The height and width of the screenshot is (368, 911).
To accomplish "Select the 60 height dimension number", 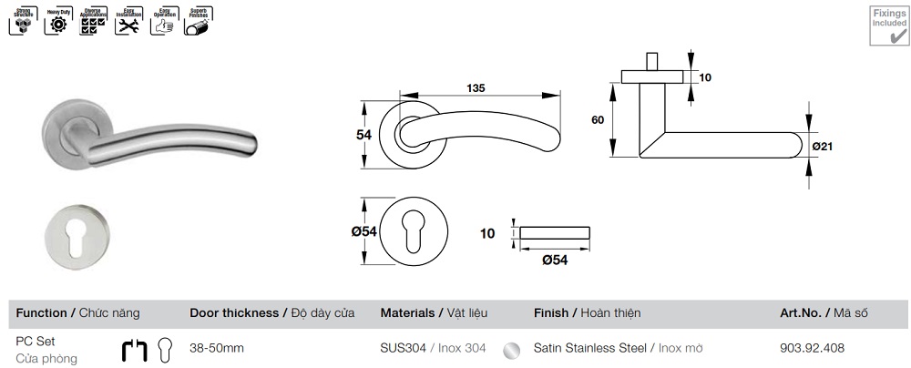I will point(598,120).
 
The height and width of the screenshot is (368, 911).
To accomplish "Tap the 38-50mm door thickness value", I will point(216,348).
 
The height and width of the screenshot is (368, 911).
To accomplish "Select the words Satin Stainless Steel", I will point(589,348).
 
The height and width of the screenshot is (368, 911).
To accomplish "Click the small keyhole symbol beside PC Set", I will point(165,349).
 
